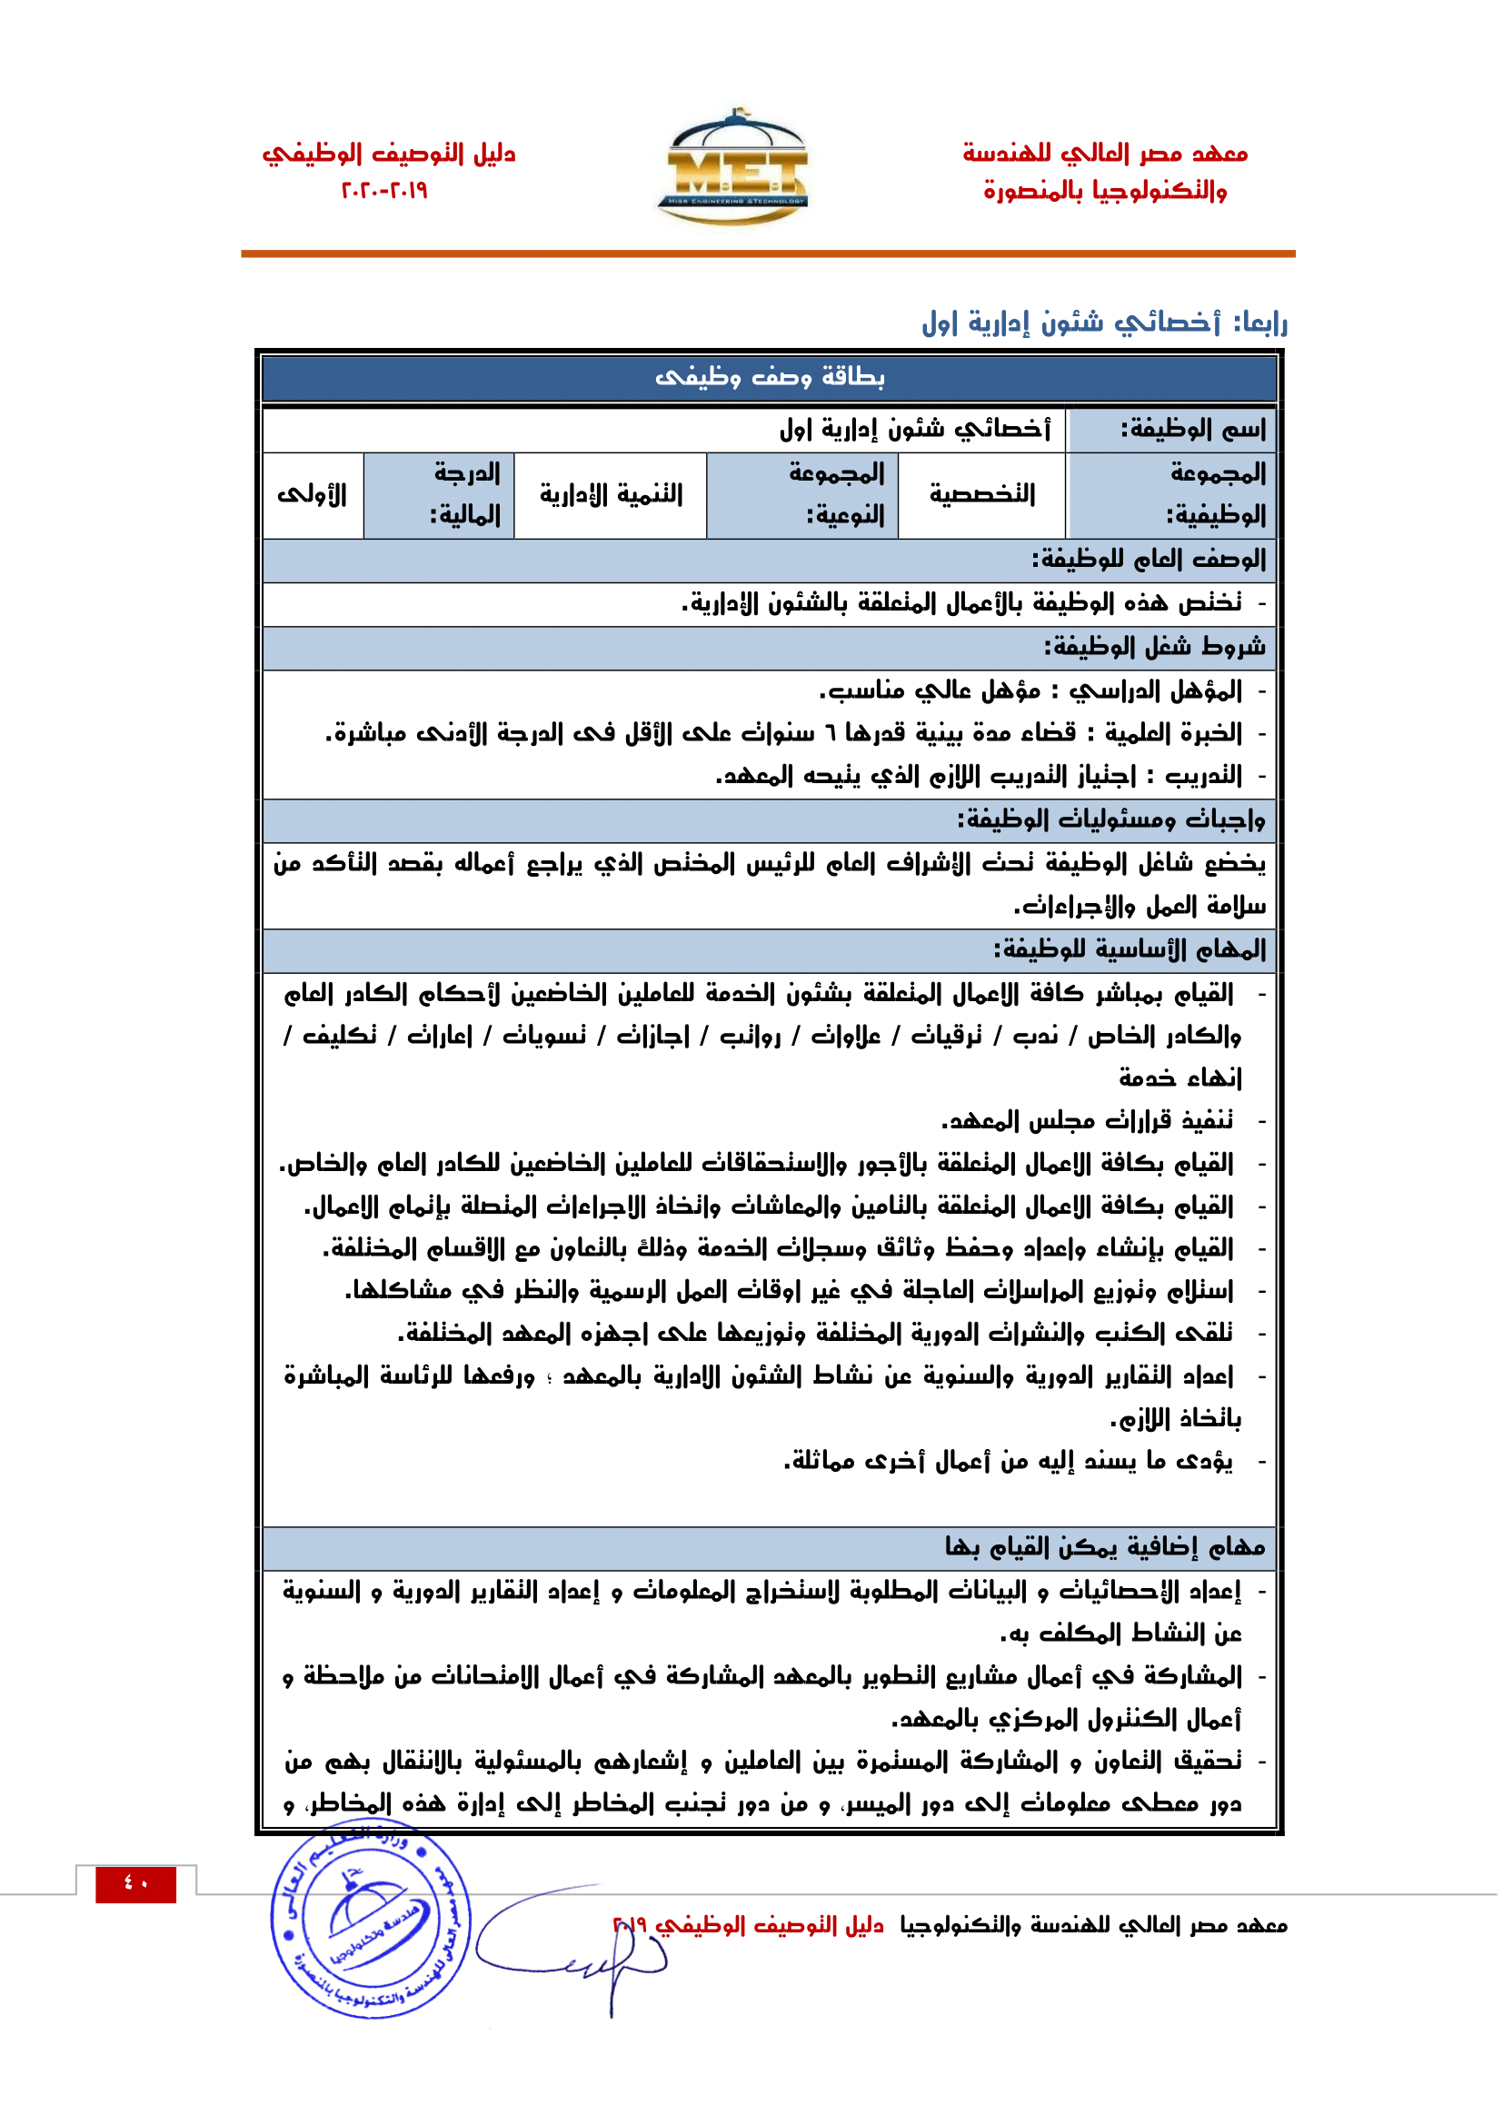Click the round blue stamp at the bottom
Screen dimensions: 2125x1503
(371, 1920)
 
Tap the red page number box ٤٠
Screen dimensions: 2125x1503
(135, 1883)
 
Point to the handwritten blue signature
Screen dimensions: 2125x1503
(573, 1943)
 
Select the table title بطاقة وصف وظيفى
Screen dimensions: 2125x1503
(769, 378)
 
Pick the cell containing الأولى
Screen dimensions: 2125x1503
(312, 495)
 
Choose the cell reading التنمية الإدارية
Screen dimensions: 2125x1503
(611, 495)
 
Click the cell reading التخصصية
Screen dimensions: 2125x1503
(982, 495)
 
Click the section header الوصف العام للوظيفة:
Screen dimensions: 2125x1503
(1149, 560)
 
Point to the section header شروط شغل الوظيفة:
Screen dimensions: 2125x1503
(1154, 647)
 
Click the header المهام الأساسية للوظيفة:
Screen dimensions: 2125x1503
(1130, 949)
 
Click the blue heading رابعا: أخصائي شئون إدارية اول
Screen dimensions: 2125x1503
(1104, 323)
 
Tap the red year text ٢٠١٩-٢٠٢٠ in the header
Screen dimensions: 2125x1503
(384, 191)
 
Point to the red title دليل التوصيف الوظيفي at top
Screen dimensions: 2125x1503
(389, 154)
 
